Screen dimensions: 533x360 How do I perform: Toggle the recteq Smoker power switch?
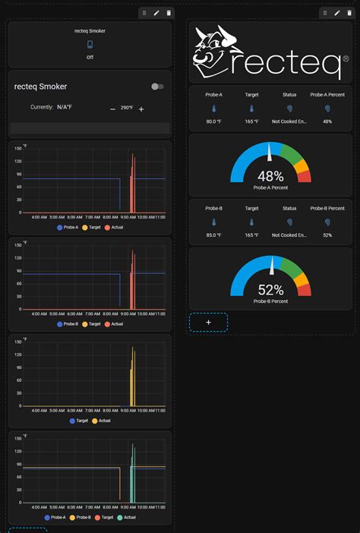(157, 87)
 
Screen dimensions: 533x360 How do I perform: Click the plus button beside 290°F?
(141, 109)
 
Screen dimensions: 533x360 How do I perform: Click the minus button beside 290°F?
(112, 109)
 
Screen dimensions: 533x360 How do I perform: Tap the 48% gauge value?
(270, 175)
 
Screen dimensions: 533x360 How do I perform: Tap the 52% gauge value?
(270, 289)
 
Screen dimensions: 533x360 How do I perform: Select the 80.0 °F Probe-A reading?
(213, 121)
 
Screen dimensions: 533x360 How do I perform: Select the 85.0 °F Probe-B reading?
(213, 235)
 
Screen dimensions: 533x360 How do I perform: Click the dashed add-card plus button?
(208, 322)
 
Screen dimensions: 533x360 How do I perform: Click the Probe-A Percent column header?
(327, 95)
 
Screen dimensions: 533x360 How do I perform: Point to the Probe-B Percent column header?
(327, 208)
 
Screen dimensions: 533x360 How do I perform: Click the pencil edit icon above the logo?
(336, 13)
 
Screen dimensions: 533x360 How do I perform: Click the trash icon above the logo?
(349, 13)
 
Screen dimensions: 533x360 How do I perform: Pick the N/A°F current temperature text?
(65, 107)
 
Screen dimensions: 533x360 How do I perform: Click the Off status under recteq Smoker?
(90, 57)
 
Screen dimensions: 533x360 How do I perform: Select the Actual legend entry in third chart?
(101, 421)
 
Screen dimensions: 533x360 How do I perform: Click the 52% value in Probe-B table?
(327, 235)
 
